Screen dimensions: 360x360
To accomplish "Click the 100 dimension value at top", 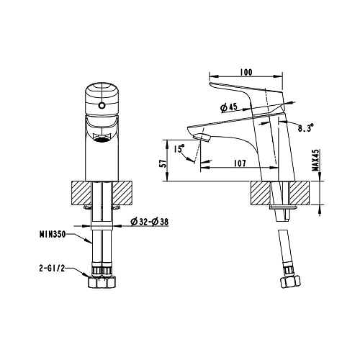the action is (246, 72).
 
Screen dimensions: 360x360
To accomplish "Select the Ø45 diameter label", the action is (229, 107).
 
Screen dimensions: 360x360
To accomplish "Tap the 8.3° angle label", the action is (306, 127).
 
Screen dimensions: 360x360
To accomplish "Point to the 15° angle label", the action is (179, 148).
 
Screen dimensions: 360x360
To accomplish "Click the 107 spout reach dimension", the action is (240, 163).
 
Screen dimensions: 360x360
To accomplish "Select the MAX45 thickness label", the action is (316, 160).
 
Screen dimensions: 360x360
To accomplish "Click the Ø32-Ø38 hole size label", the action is (149, 222).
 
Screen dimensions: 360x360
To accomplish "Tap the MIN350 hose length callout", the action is (53, 234).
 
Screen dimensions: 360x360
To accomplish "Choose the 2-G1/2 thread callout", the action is (52, 268).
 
